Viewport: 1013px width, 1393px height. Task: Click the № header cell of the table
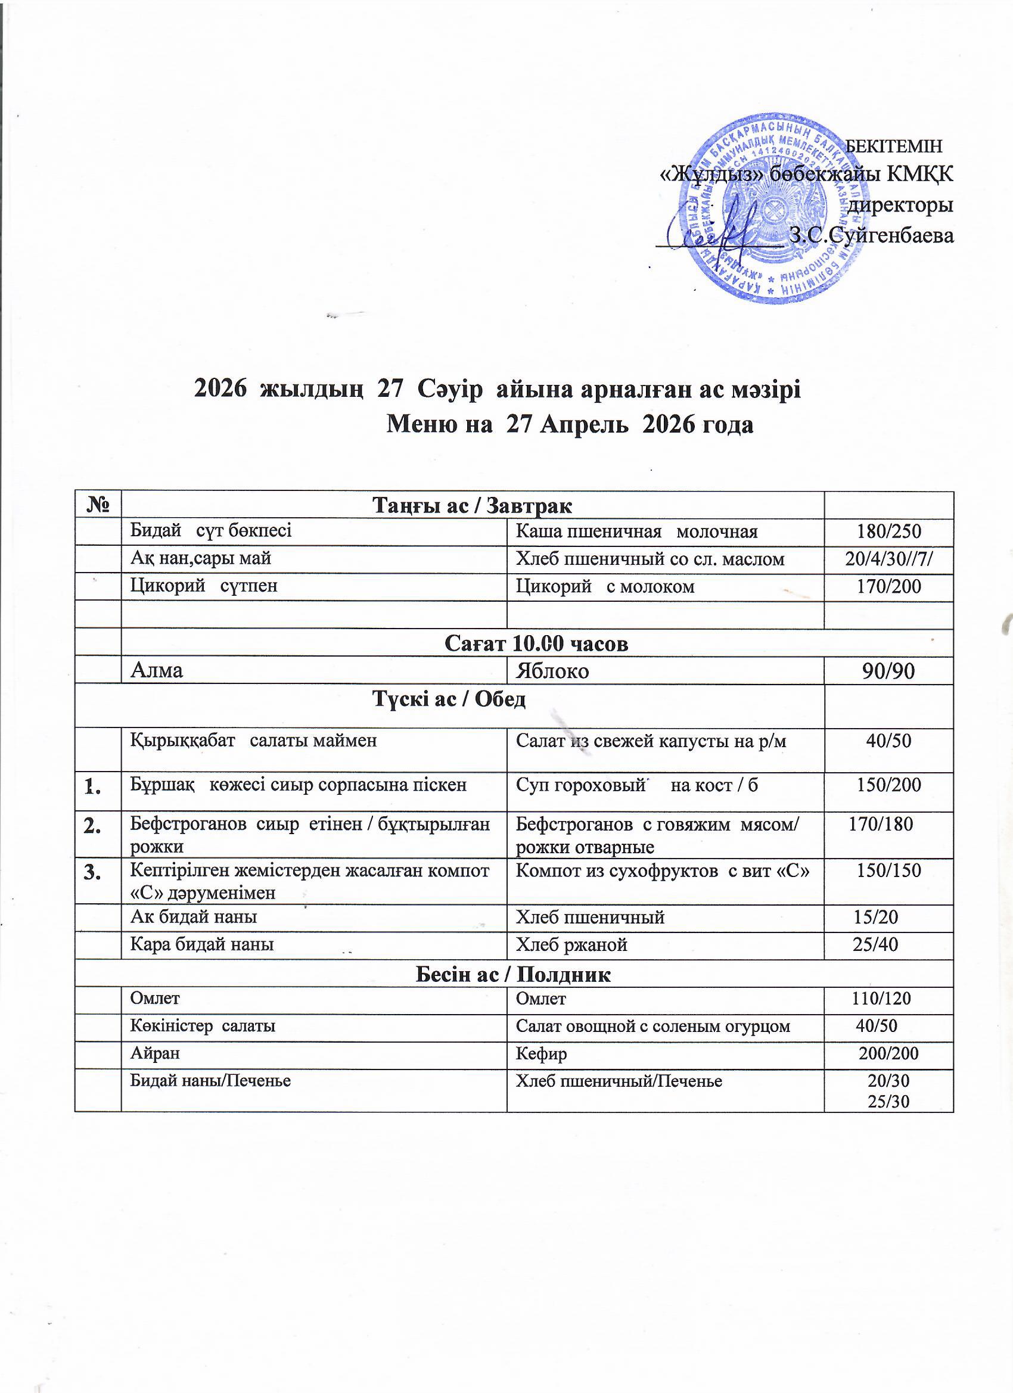(98, 505)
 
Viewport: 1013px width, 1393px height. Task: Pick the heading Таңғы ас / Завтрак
(473, 506)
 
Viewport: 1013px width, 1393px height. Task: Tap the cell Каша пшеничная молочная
(636, 532)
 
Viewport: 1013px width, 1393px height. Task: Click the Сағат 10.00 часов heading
(536, 643)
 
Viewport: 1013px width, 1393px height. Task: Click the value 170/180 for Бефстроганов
(880, 824)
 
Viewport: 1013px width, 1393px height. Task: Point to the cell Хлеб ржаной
(571, 944)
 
